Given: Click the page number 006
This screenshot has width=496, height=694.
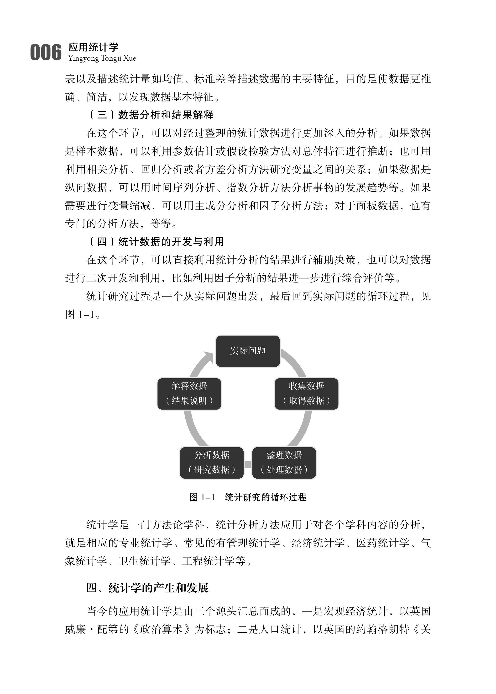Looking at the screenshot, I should point(46,52).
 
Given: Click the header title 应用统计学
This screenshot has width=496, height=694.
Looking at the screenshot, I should point(93,47).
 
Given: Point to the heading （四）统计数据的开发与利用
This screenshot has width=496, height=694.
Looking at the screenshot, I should point(156,242).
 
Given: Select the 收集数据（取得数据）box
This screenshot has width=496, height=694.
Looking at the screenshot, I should point(306,394).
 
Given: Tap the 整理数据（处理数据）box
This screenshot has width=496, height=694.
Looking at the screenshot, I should point(284,463).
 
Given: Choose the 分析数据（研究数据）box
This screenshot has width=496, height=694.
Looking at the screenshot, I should point(212,463).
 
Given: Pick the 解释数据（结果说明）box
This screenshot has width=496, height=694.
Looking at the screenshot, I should point(189,394).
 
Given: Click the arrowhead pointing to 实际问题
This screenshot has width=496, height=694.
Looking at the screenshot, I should point(209,357).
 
